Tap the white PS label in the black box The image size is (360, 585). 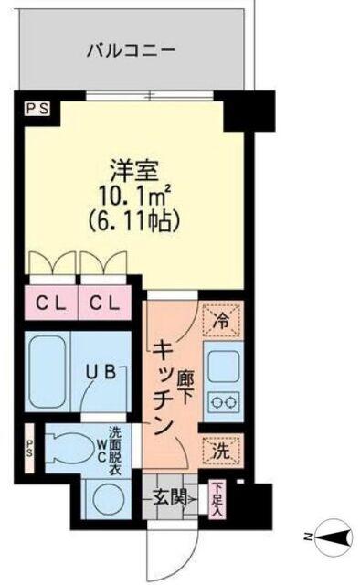click(37, 108)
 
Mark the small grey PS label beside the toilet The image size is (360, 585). click(29, 449)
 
